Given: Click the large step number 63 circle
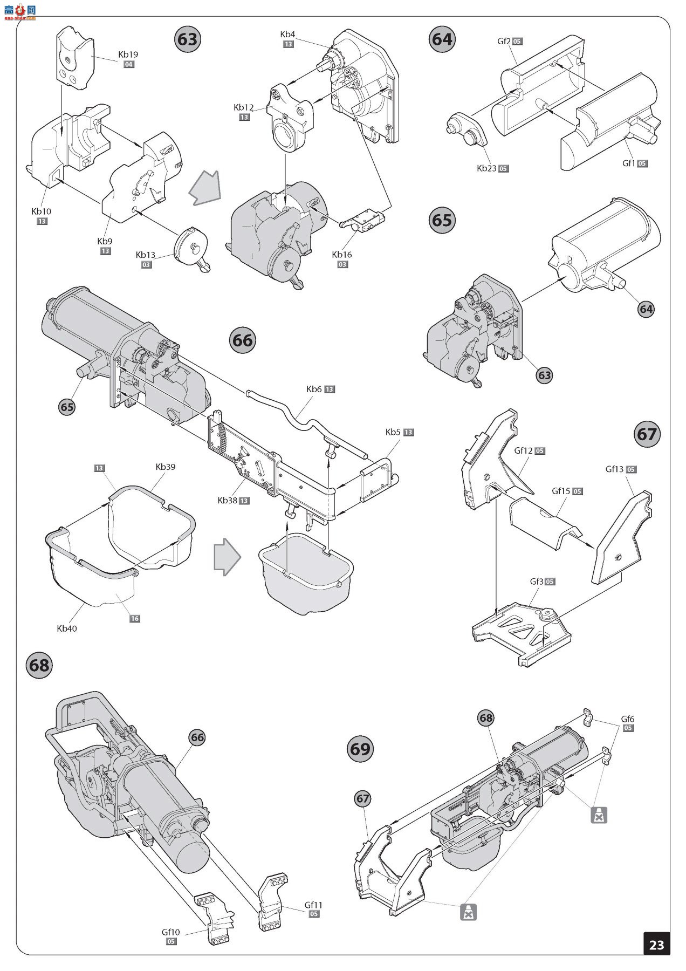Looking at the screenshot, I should point(188,39).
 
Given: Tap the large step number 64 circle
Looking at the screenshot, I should point(442,39).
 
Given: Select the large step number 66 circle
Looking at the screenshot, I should point(242,340).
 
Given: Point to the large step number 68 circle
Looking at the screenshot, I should point(39,665).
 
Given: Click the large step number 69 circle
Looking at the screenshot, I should point(360,749).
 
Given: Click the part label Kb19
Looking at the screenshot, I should point(128,54).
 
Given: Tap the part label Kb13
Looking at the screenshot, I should point(145,255).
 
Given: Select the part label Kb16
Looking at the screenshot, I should point(341,255).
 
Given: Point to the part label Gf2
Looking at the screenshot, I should point(504,41).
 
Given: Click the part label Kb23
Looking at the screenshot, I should point(486,168).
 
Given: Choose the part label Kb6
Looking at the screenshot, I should point(314,389).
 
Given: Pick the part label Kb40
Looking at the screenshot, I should point(67,628).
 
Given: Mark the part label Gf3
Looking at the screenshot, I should point(536,582).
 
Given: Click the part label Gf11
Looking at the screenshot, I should point(313,905).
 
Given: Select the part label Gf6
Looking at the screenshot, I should point(627,719).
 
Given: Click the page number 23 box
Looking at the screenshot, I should point(656,945).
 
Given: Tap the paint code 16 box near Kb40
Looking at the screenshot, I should point(134,618).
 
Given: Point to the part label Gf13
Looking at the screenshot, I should point(614,469).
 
